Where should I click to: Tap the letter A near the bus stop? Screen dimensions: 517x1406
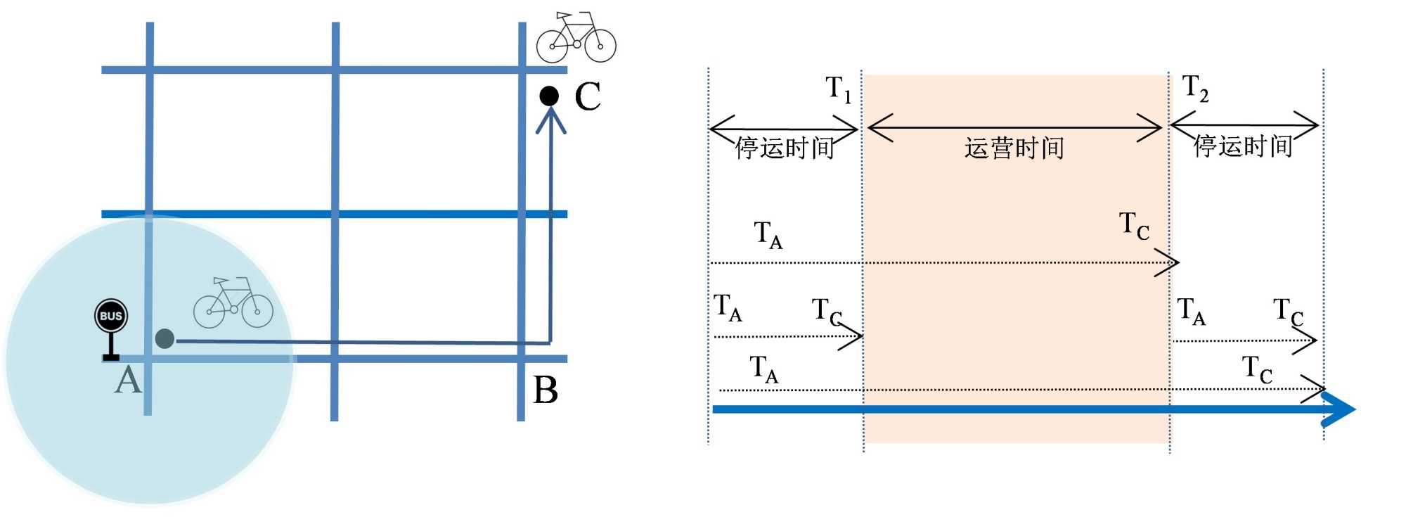[128, 380]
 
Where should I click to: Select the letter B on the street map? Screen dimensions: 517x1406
[546, 390]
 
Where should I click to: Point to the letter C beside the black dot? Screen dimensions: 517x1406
[588, 96]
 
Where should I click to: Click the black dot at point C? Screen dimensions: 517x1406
[549, 96]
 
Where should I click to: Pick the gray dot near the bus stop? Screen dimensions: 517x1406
[165, 338]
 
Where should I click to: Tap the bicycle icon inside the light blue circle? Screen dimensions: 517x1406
[233, 303]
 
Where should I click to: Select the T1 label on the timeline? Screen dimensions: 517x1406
[838, 89]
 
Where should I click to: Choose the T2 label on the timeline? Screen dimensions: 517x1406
[1195, 88]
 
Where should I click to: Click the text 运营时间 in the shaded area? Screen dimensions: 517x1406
[1014, 148]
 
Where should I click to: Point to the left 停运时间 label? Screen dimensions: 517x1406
[785, 148]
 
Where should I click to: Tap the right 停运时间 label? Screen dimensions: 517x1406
[1243, 146]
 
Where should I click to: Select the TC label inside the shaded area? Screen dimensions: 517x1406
[1134, 226]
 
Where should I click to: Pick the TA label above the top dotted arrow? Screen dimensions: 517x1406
[768, 234]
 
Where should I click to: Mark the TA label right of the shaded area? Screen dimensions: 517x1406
[1191, 311]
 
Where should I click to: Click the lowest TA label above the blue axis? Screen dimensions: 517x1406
[763, 369]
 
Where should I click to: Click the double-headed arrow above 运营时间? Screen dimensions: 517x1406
[1014, 128]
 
